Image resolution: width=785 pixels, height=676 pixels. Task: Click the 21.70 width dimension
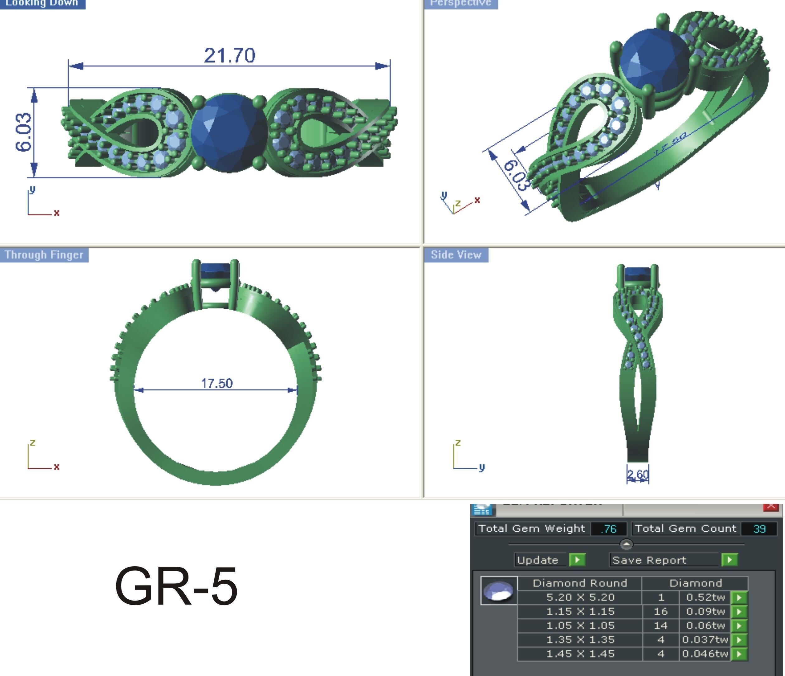[x=230, y=56]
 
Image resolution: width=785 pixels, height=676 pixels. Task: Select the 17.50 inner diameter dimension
[x=217, y=383]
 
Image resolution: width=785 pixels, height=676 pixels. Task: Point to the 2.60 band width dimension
[x=638, y=474]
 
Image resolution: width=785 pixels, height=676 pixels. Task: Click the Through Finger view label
[x=44, y=255]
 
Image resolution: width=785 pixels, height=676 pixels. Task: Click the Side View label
[x=456, y=255]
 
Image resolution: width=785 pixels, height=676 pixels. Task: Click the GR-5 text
[x=176, y=586]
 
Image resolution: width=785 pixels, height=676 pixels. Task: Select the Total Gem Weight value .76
[x=608, y=529]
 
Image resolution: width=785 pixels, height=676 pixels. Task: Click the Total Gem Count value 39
[x=759, y=529]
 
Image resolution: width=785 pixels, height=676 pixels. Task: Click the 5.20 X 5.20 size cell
[x=580, y=597]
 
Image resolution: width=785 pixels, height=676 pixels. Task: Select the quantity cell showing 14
[x=661, y=625]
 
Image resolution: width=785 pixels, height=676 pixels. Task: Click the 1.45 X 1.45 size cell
[x=580, y=654]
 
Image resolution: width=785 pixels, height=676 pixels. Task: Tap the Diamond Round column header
[x=580, y=583]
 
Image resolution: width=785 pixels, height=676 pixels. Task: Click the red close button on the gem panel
[x=771, y=506]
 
